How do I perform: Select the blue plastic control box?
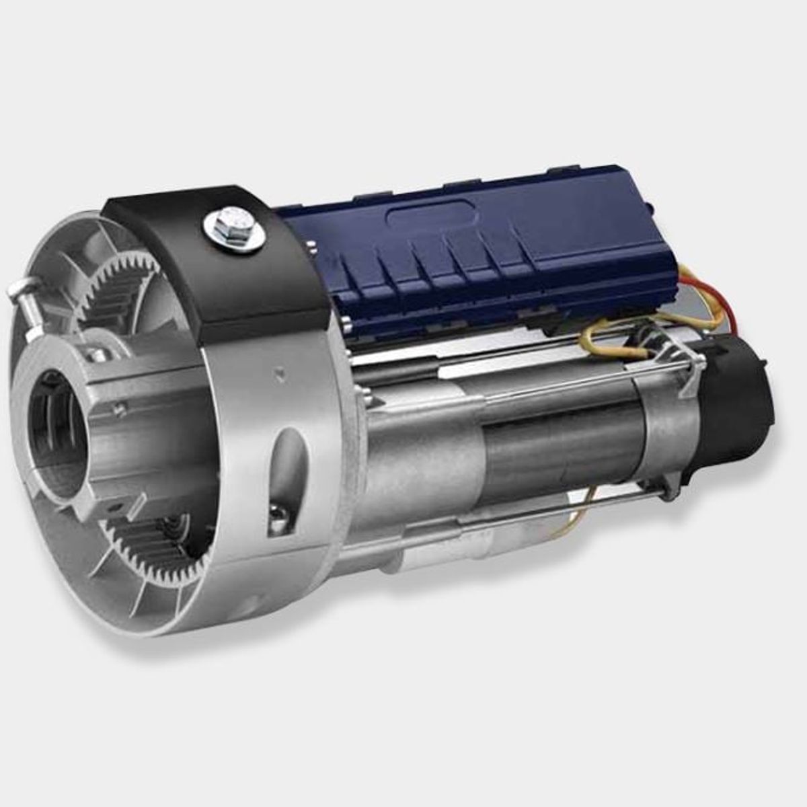[471, 256]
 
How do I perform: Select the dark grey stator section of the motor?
[565, 451]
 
